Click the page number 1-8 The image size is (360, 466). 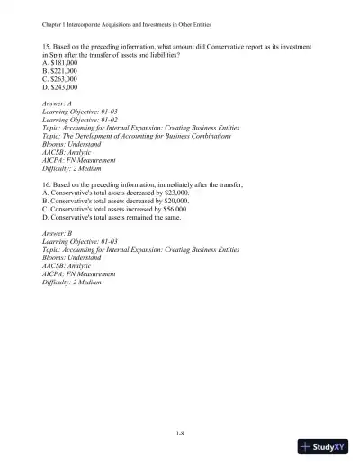(x=180, y=435)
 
